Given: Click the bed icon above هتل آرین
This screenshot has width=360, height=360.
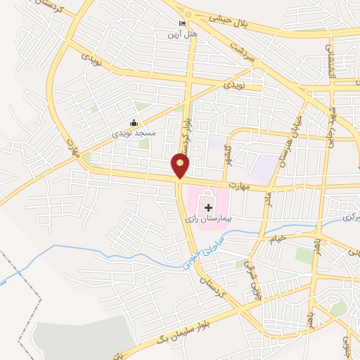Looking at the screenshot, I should [183, 24].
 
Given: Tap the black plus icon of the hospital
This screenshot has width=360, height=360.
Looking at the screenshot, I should [208, 207].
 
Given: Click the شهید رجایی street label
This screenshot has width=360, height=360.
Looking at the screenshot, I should [333, 123].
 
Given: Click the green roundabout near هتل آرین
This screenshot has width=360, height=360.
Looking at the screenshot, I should [188, 14].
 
